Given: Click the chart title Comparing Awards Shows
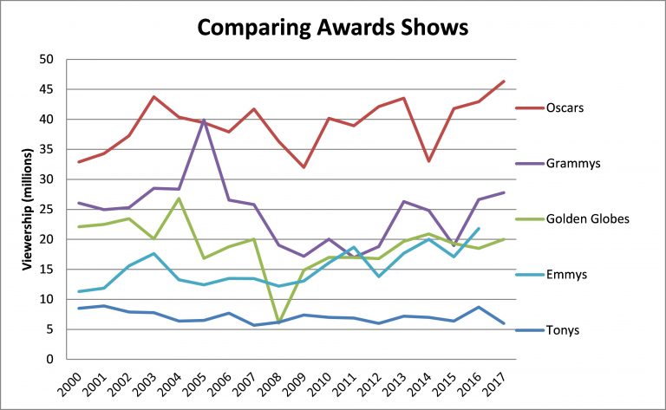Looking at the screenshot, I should click(332, 28).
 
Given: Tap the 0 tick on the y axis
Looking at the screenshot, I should click(50, 359).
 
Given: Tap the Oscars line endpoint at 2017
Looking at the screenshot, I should click(504, 81).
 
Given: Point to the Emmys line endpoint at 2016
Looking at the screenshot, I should click(479, 229).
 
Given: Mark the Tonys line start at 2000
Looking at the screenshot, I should click(80, 308).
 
